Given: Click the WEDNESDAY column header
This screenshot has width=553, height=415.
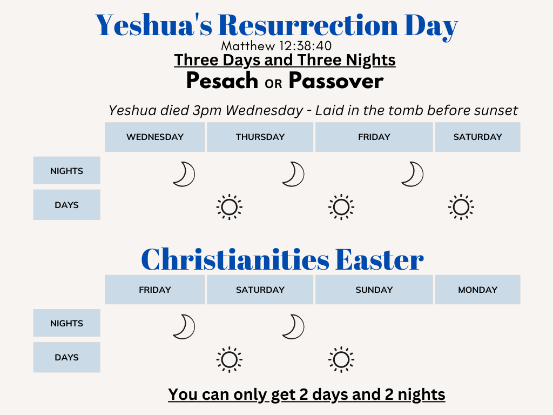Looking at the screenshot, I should click(x=155, y=137).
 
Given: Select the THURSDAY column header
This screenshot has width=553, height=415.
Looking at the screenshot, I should click(x=260, y=137).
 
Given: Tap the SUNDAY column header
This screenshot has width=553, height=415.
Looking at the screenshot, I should click(x=374, y=290).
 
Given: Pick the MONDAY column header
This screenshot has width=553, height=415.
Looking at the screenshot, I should click(x=477, y=290).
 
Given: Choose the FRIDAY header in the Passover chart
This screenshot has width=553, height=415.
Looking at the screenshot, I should click(x=374, y=137).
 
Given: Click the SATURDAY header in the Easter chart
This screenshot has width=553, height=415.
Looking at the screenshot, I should click(x=260, y=290).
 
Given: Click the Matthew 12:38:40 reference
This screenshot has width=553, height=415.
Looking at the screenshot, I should click(x=276, y=46).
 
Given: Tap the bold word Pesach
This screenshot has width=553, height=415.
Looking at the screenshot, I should click(x=222, y=81).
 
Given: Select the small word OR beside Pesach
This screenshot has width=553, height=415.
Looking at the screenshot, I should click(x=273, y=83).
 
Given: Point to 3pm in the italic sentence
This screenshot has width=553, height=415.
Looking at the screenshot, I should click(x=207, y=111).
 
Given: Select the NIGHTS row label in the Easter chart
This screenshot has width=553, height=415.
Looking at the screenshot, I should click(x=66, y=323).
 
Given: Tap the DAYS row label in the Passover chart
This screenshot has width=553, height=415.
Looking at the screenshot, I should click(x=66, y=205).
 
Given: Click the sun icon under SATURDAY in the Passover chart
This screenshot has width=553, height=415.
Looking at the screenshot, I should click(x=461, y=207).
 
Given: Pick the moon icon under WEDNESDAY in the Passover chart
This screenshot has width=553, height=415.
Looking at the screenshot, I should click(x=184, y=174).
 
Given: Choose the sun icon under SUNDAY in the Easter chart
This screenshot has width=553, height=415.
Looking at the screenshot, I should click(x=341, y=359).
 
